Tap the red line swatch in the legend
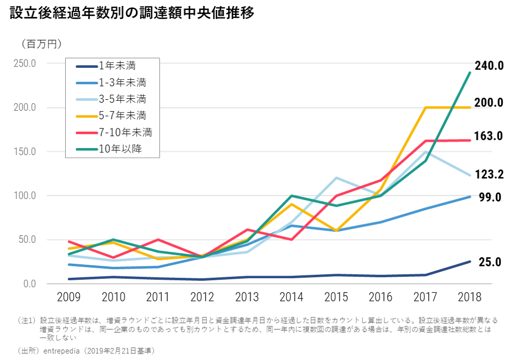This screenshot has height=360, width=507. (x=86, y=133)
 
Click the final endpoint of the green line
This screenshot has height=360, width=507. (x=470, y=73)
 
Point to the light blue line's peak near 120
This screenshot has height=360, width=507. (x=336, y=177)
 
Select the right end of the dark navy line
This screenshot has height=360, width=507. (x=470, y=261)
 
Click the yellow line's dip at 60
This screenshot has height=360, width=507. (x=336, y=231)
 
